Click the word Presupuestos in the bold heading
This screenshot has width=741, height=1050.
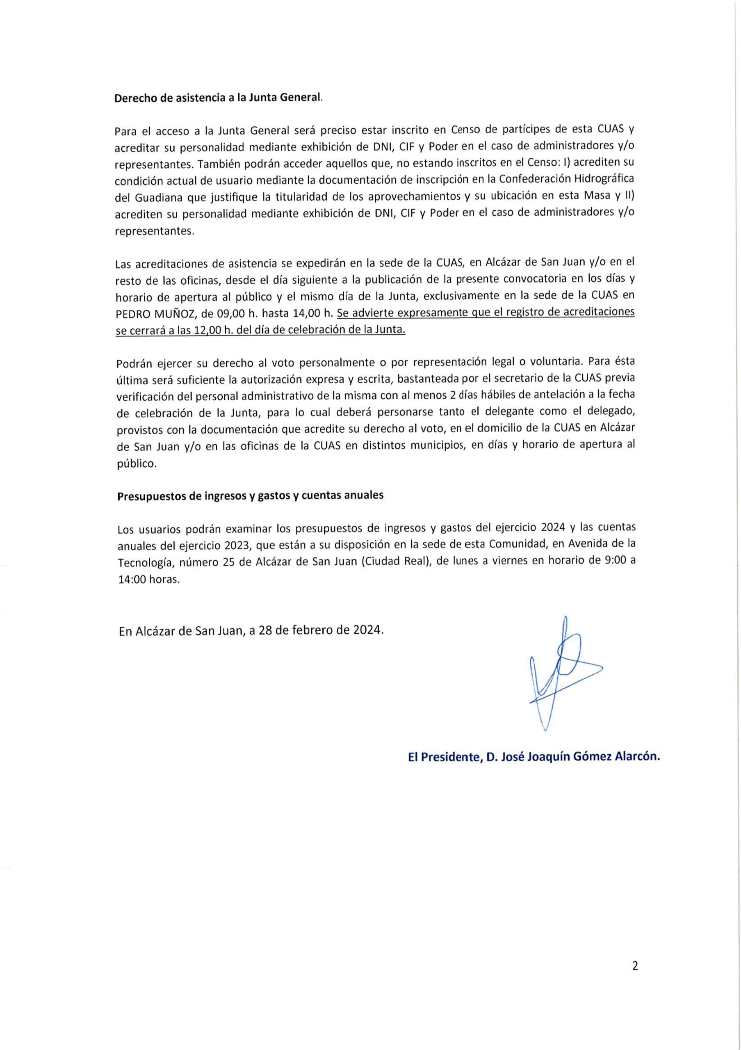[x=152, y=497]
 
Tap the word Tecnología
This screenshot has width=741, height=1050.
[x=145, y=562]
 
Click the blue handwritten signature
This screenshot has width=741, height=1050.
[x=563, y=672]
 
